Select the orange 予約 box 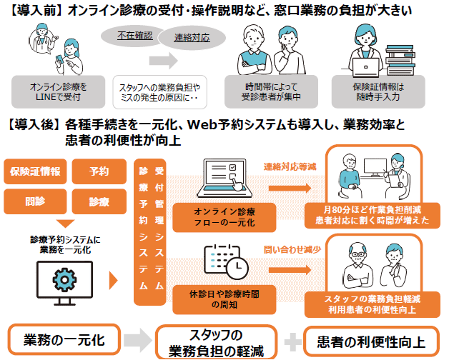[x=99, y=171]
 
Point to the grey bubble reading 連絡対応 [x=191, y=37]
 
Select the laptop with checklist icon [x=226, y=179]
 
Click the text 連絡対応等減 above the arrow [x=290, y=166]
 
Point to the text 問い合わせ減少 [x=290, y=249]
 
